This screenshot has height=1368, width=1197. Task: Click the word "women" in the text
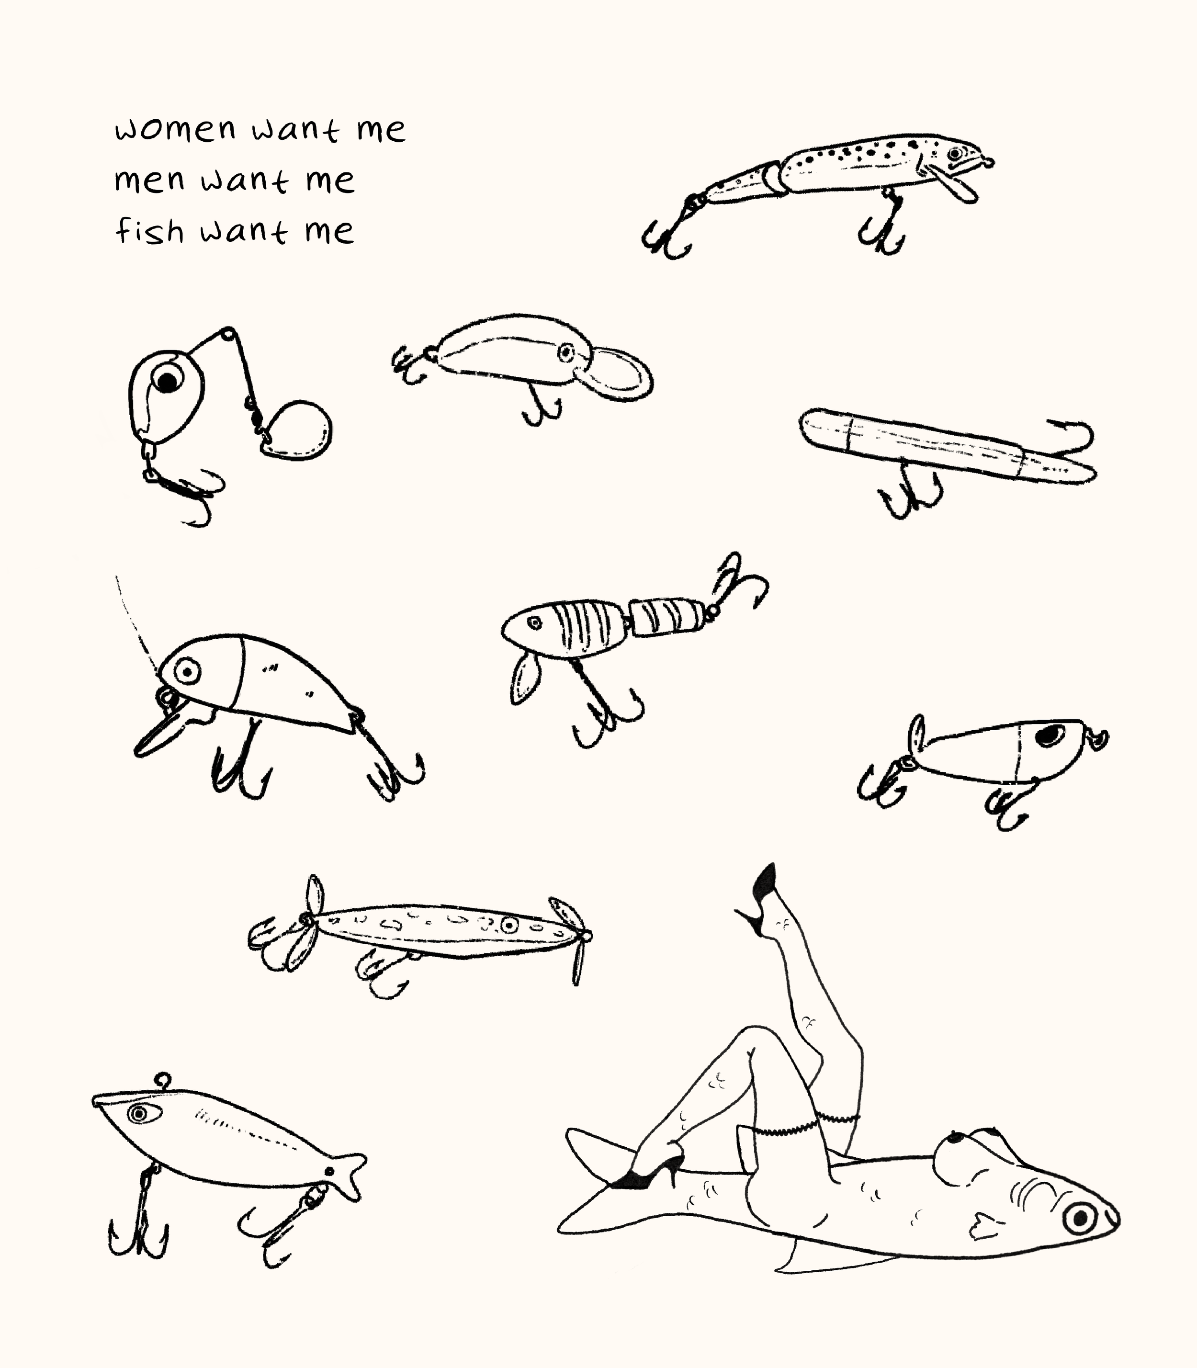(176, 129)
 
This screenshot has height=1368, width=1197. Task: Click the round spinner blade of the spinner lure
(299, 431)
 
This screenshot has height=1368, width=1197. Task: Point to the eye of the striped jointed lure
(534, 622)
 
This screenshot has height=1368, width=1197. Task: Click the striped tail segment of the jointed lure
(668, 617)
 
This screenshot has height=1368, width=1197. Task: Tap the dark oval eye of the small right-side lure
(1050, 735)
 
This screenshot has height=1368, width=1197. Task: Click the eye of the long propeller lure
(509, 925)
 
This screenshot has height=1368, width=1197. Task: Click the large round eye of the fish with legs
(1080, 1219)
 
